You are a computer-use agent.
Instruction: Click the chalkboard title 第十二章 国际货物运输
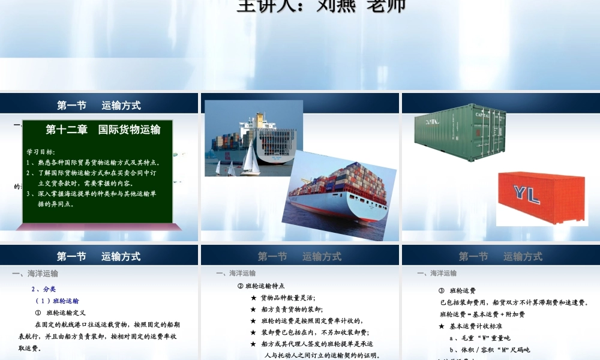click(x=103, y=129)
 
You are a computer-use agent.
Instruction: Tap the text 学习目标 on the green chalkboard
click(x=41, y=151)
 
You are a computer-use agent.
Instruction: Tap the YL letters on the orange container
click(x=527, y=193)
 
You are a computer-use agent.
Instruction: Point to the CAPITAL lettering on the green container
click(x=486, y=114)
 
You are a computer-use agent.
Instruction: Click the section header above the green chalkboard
click(x=99, y=105)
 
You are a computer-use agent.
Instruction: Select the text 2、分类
click(x=44, y=289)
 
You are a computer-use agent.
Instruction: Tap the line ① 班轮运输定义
click(x=61, y=313)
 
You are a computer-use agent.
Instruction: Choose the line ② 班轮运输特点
click(x=261, y=286)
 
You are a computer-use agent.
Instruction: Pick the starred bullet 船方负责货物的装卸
click(x=287, y=309)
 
